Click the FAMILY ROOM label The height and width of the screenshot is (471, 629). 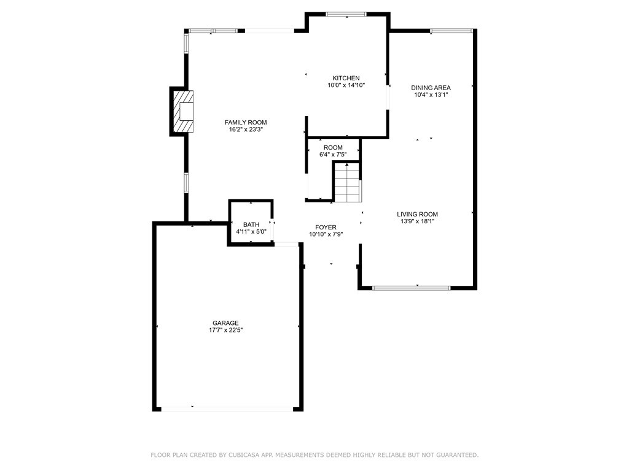[x=245, y=123]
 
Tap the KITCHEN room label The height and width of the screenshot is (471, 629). [x=346, y=78]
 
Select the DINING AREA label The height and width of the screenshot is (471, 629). [x=431, y=88]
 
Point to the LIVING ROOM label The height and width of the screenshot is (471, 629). [x=417, y=214]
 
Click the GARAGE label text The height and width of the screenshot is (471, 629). [x=225, y=323]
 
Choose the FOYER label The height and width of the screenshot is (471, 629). [x=326, y=227]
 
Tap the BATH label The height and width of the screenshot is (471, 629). [x=251, y=224]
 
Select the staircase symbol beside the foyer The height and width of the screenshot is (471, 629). [x=346, y=182]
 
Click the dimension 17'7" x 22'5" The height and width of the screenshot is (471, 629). [x=225, y=331]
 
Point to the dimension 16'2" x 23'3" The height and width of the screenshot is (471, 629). [x=245, y=129]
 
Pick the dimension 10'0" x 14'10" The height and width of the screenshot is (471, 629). [x=346, y=85]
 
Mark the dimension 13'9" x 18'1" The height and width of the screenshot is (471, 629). [x=417, y=221]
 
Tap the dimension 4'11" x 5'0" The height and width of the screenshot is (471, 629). [x=251, y=232]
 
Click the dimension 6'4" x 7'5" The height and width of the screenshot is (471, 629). [x=333, y=155]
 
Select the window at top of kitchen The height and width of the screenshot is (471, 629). [x=346, y=14]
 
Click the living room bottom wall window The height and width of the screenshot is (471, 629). [x=412, y=287]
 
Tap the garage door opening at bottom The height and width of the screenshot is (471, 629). [x=227, y=408]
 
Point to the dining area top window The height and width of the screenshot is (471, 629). [x=451, y=30]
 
